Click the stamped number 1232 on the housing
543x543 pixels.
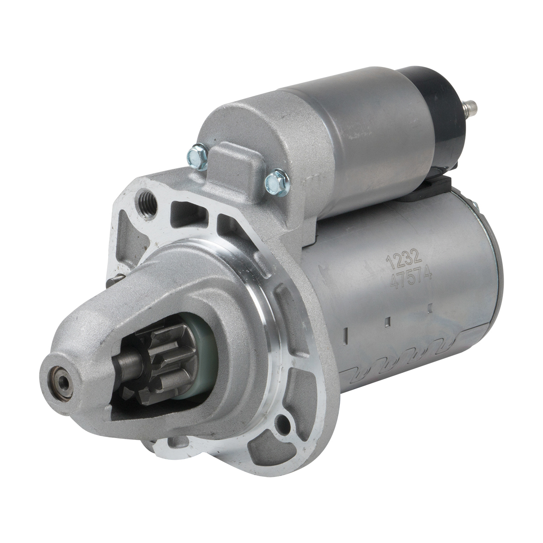point(405,259)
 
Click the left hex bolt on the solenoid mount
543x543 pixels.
point(198,157)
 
